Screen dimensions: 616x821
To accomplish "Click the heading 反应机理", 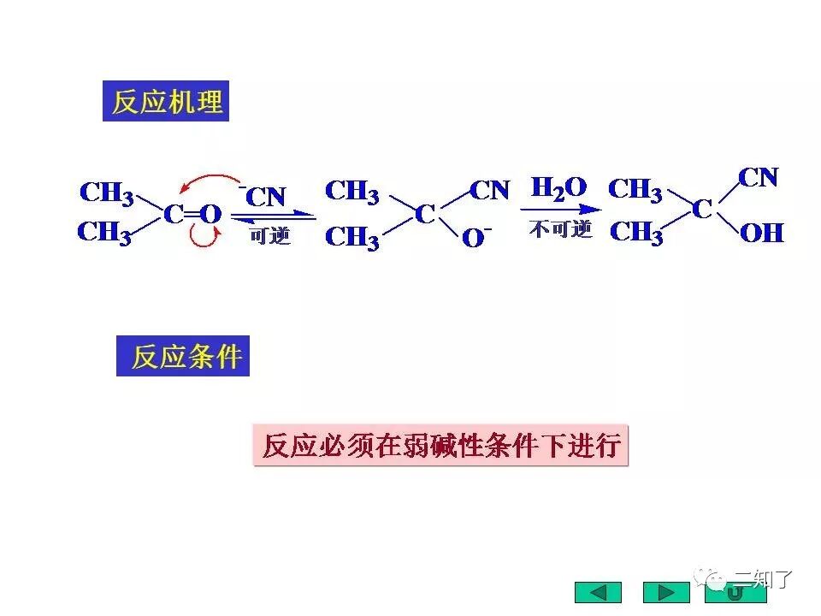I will pos(168,102).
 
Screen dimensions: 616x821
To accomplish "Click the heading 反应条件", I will pos(185,356).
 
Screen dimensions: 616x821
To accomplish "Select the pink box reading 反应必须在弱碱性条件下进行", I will pos(440,445).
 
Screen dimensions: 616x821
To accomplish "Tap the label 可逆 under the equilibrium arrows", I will pos(270,235).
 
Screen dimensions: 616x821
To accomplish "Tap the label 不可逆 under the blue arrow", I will pos(560,229).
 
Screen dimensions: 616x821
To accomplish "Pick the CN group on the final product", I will pos(759,178).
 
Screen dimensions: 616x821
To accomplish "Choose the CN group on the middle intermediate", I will pos(489,190).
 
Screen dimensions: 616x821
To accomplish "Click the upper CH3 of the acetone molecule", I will pos(106,192).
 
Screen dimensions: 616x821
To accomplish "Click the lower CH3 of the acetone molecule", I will pos(105,232).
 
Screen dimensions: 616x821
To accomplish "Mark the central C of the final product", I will pos(701,208).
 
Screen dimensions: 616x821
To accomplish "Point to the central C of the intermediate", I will pos(425,214).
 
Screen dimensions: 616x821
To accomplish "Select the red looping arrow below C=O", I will pos(205,237).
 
